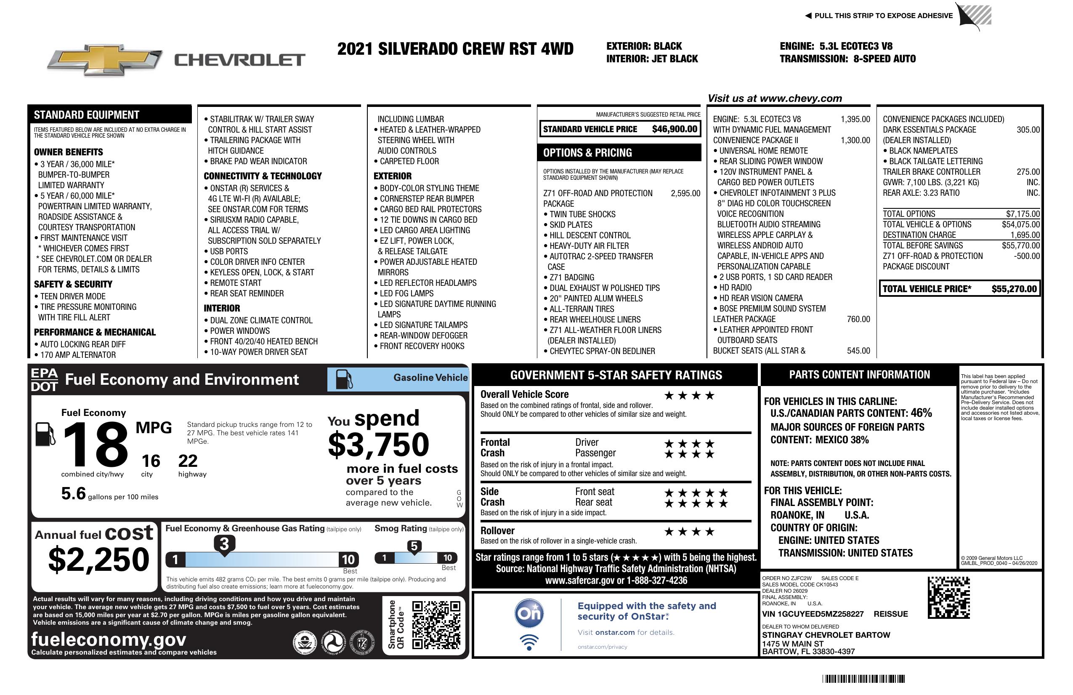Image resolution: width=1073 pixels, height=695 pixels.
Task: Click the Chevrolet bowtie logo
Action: click(105, 59)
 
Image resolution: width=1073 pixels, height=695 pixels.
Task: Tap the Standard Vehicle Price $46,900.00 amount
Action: click(674, 129)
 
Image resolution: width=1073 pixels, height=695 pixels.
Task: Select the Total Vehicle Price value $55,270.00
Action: click(1014, 289)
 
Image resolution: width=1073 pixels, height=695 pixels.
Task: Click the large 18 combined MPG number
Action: click(96, 444)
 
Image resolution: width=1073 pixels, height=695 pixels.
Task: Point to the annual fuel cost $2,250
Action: click(98, 560)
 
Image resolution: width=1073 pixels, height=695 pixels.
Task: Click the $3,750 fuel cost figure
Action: click(378, 445)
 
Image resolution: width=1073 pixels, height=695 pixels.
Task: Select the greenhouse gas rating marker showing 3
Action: click(224, 544)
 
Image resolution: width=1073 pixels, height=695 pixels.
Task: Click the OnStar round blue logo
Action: click(529, 613)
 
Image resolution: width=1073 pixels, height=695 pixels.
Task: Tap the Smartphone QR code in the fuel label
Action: click(436, 624)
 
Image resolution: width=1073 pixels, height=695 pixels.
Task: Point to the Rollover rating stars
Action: click(689, 532)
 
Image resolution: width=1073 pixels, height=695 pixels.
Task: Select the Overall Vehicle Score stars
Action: click(689, 396)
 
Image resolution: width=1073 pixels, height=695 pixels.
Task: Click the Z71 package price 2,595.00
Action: click(685, 194)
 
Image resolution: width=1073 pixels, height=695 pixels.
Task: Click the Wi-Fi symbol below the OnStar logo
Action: click(529, 642)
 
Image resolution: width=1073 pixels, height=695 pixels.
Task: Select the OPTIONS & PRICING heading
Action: click(587, 153)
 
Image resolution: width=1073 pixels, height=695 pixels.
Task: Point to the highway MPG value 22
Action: click(188, 461)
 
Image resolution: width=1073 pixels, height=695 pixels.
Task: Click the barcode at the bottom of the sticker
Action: click(863, 679)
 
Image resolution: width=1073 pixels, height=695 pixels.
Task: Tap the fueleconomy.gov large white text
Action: click(109, 639)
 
